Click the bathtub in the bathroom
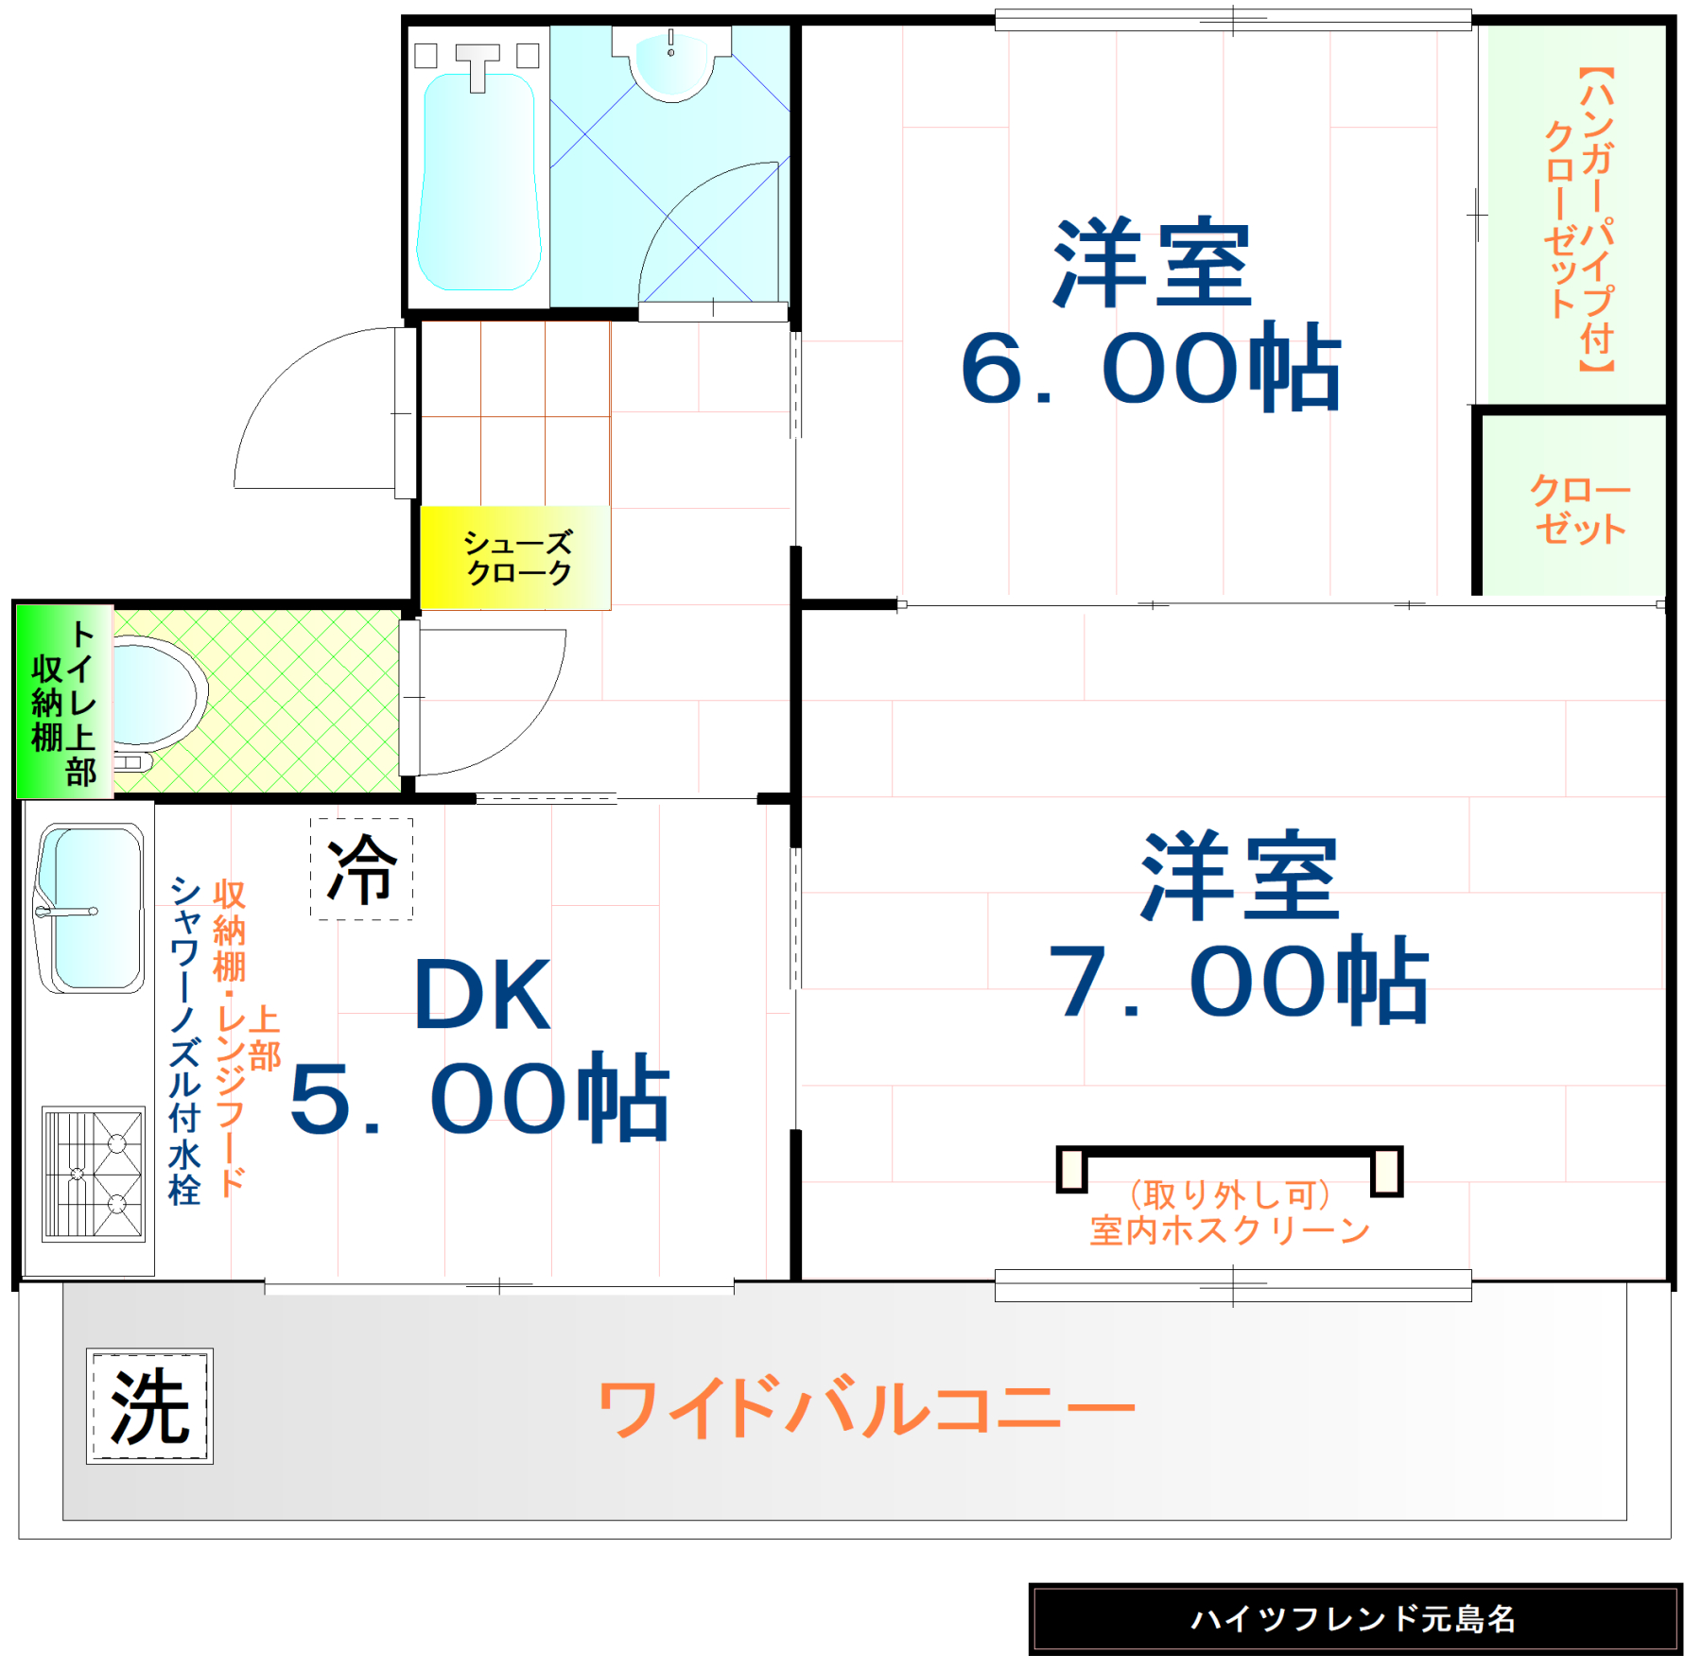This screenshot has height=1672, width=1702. point(478,180)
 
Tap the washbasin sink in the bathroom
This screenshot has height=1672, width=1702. point(671,61)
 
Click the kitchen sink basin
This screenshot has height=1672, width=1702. point(92,908)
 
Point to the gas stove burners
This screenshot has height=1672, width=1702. point(94,1173)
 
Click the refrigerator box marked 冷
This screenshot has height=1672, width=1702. point(361,868)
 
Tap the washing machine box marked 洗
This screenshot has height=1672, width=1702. point(149,1405)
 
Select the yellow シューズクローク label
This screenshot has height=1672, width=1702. point(516,557)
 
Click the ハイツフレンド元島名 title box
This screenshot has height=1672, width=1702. point(1354,1618)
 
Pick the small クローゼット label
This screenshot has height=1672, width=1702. point(1579,509)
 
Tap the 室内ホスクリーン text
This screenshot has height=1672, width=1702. point(1229,1230)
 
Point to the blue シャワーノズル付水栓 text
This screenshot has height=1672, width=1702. point(184,1040)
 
